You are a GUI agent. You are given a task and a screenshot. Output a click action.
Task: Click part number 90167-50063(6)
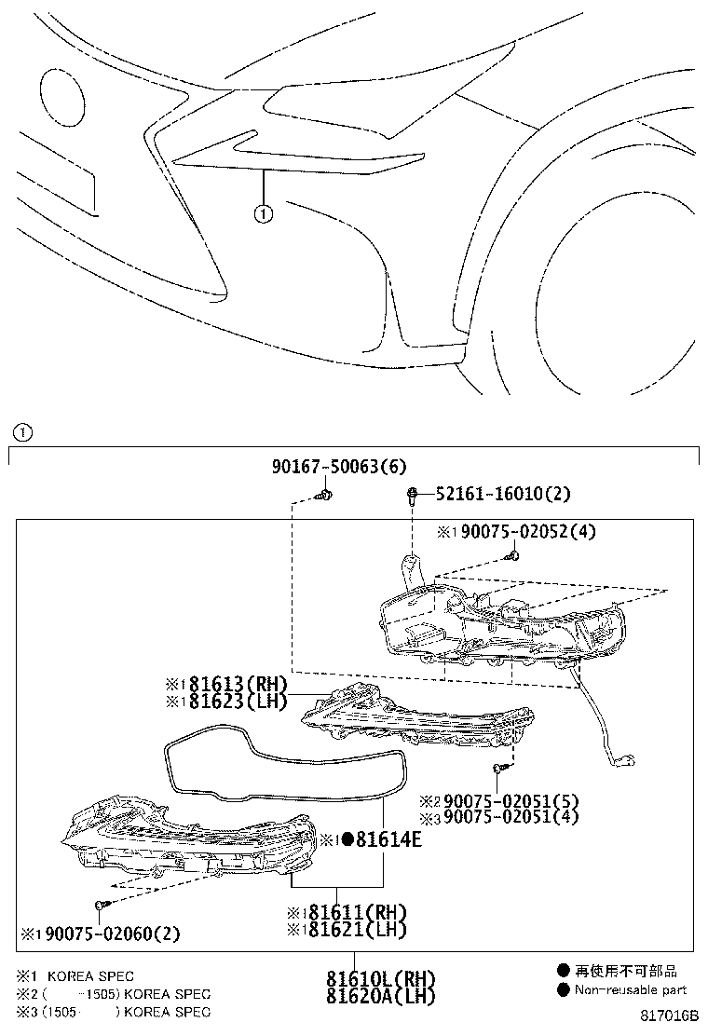click(x=339, y=467)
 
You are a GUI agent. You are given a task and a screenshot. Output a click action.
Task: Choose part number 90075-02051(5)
click(x=511, y=800)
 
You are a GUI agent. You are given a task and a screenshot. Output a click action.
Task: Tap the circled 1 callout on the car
click(x=264, y=214)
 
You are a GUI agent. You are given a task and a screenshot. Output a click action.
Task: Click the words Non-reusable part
click(x=631, y=989)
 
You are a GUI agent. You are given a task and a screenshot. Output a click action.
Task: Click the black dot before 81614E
click(x=346, y=840)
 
